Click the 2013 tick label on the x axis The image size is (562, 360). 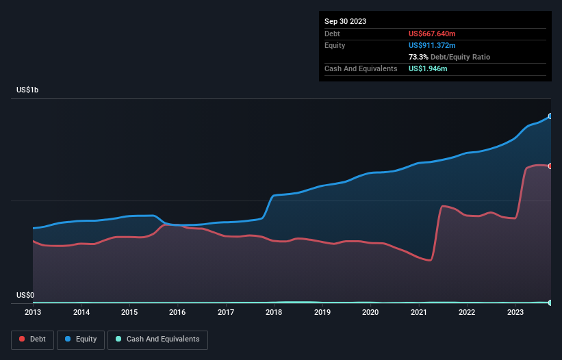33,312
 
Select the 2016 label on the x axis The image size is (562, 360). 177,312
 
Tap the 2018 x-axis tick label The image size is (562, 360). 274,312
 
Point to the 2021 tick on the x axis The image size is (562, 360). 418,312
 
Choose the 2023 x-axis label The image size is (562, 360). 515,312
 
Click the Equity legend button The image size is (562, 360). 81,339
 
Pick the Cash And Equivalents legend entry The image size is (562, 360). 157,339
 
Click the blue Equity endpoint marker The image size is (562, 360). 550,116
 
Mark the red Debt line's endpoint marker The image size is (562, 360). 550,166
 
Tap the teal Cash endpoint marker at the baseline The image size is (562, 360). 550,303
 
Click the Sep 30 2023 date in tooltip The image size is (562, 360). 345,21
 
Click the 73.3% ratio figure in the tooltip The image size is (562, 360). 418,57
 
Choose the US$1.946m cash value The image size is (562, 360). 428,68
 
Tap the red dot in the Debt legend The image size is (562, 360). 21,339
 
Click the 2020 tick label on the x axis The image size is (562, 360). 370,312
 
